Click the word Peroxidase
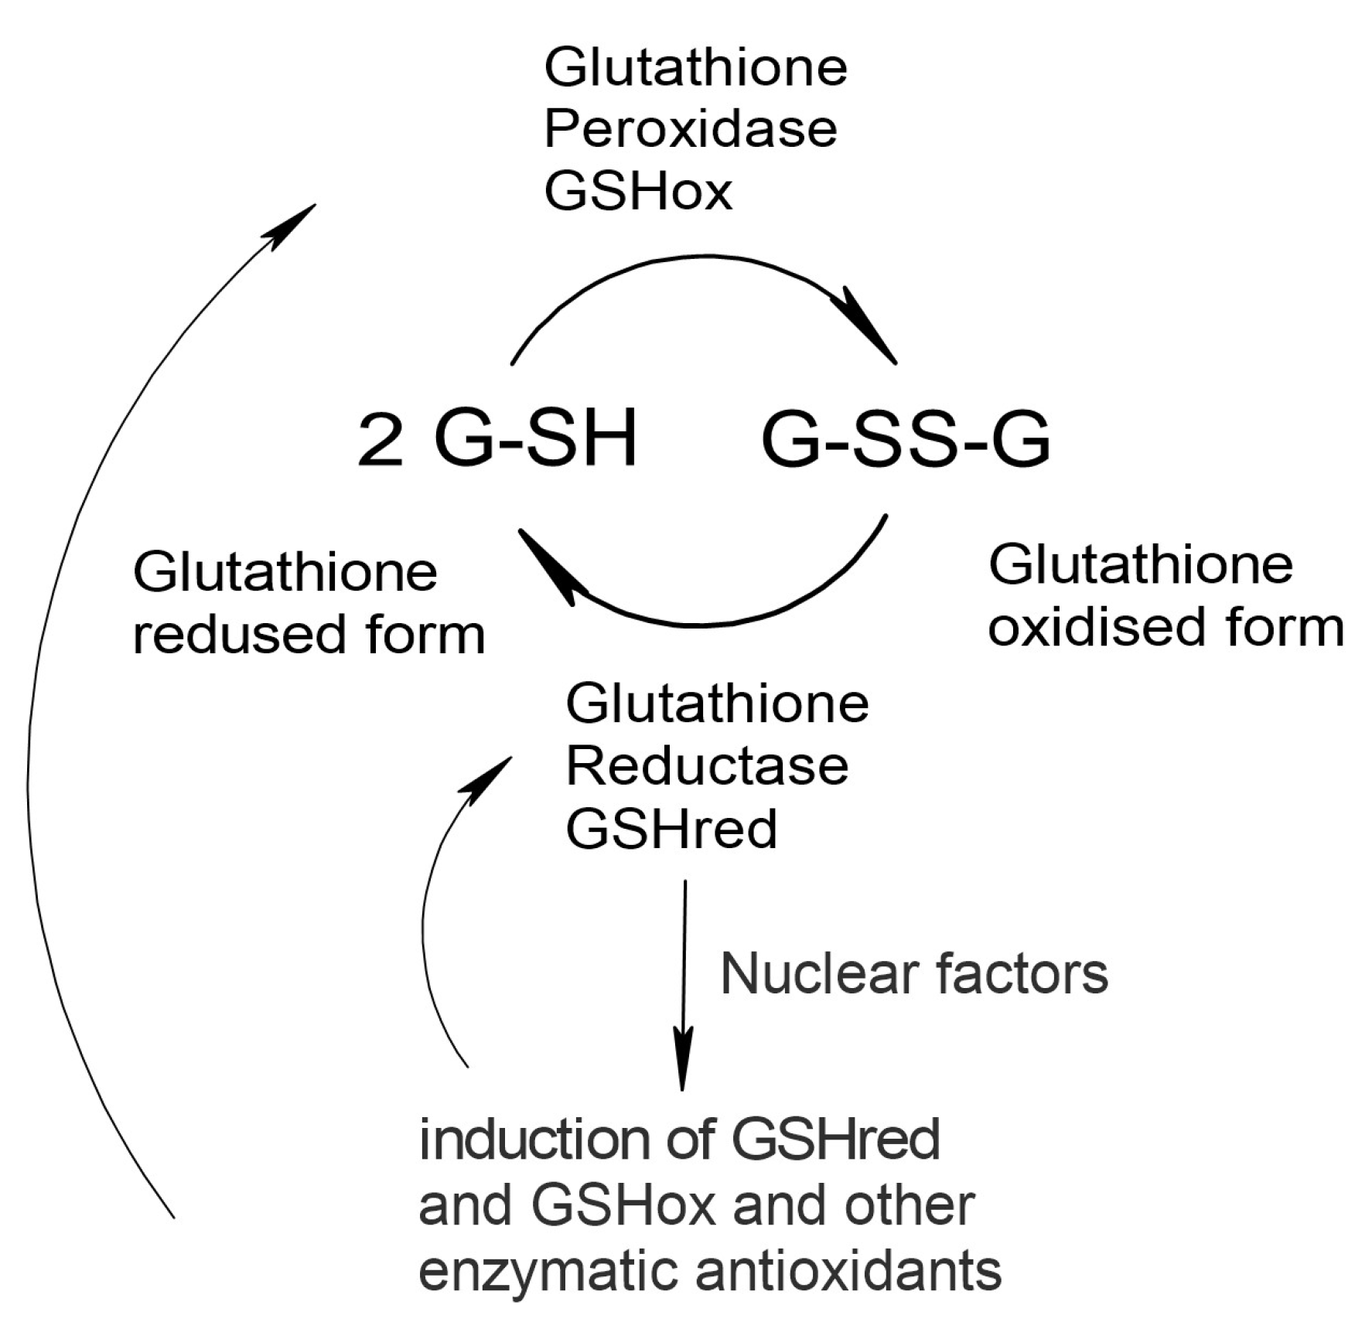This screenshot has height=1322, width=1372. [690, 129]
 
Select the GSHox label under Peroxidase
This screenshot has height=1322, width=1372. [638, 191]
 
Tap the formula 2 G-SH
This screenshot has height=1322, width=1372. [497, 439]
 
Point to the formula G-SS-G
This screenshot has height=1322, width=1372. [906, 439]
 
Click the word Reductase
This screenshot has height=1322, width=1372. [707, 766]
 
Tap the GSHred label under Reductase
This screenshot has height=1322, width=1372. [671, 830]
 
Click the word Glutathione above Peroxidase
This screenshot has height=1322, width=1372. [695, 67]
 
